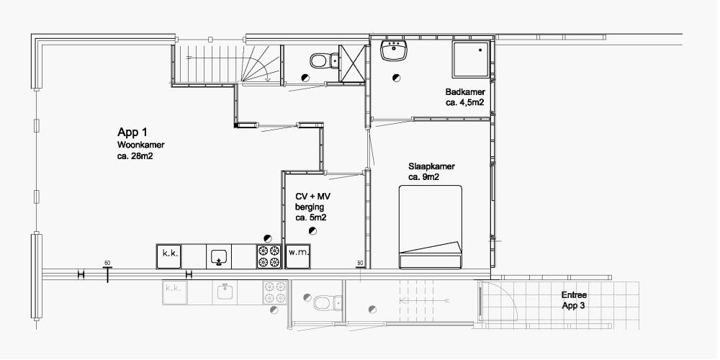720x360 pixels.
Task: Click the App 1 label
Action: click(x=132, y=132)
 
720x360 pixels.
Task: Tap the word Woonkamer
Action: click(x=141, y=145)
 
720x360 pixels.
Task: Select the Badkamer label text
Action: click(x=464, y=92)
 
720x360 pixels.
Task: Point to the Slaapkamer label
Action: click(x=431, y=167)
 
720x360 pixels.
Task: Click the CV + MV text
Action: click(x=312, y=197)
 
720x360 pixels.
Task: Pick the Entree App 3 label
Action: click(x=574, y=300)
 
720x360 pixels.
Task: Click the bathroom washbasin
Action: click(x=394, y=50)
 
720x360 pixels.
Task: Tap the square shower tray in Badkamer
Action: click(x=470, y=59)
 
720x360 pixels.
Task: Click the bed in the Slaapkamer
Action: click(x=431, y=227)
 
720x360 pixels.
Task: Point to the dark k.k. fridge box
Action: click(x=168, y=257)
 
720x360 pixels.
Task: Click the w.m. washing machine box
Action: click(x=299, y=257)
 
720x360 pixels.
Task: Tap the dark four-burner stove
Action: click(x=269, y=257)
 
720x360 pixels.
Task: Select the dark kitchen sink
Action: click(x=219, y=257)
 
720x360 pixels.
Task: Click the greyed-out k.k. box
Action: click(x=174, y=292)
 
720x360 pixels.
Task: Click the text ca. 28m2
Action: click(x=135, y=156)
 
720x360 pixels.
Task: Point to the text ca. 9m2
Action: click(x=424, y=177)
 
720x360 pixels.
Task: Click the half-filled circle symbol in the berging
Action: click(x=313, y=231)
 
